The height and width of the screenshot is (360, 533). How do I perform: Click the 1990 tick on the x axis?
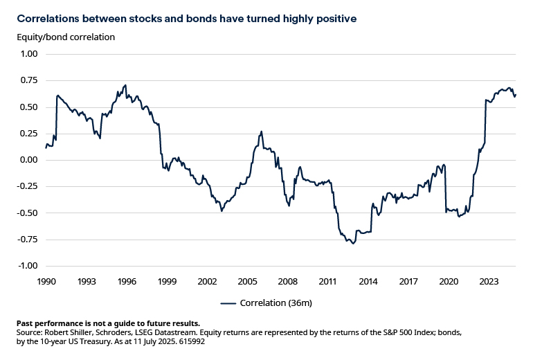point(46,282)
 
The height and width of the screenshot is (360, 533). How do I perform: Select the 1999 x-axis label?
point(167,282)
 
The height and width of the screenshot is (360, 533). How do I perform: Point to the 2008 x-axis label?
point(287,282)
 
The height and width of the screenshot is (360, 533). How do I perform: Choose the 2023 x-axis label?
point(489,282)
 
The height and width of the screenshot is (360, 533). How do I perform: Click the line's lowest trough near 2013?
point(353,244)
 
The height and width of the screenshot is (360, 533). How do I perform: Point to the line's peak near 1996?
point(125,85)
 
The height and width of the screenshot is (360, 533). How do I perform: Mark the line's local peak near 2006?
point(261,131)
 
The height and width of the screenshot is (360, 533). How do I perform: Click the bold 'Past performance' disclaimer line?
point(107,323)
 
